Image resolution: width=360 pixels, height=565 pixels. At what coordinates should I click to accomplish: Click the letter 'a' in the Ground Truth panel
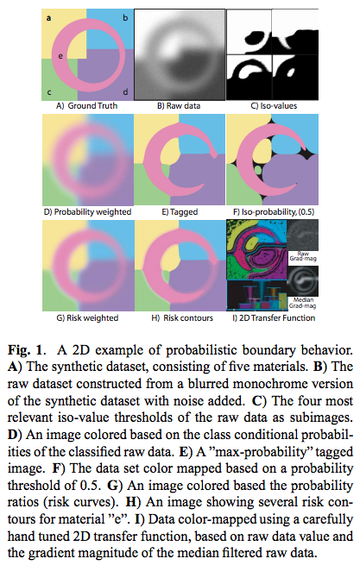[48, 17]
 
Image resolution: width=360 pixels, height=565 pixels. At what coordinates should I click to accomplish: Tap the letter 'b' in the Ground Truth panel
[125, 17]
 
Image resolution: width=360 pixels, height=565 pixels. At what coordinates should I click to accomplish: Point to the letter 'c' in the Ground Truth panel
[49, 92]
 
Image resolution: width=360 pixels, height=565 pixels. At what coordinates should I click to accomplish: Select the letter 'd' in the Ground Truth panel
[125, 92]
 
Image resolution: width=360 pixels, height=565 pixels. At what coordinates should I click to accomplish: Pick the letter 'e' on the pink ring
[60, 56]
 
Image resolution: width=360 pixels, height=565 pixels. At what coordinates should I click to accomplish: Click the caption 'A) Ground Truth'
[87, 106]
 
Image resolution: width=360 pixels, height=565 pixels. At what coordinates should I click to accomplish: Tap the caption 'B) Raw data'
[179, 106]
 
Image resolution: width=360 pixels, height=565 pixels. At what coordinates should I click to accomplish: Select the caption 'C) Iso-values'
[274, 106]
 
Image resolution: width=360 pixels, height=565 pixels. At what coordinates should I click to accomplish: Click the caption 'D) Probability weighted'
[88, 212]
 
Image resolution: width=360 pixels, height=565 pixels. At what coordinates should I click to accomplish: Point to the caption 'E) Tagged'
[180, 212]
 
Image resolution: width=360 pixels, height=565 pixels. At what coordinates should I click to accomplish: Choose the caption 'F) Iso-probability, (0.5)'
[274, 212]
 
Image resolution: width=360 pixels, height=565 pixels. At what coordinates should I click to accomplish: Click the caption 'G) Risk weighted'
[87, 318]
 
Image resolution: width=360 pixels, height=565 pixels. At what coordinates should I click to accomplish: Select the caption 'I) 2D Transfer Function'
[274, 318]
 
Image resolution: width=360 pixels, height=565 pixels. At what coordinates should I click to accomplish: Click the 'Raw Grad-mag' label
[303, 256]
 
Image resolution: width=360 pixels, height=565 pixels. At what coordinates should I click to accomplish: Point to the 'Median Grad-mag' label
[303, 303]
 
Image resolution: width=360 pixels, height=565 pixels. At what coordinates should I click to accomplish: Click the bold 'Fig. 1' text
[27, 350]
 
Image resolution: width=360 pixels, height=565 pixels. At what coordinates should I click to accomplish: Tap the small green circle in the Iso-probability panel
[257, 168]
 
